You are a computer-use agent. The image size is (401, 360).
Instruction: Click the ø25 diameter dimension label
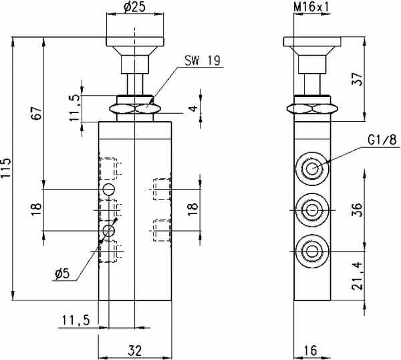click(134, 7)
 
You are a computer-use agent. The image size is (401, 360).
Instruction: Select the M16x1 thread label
click(311, 7)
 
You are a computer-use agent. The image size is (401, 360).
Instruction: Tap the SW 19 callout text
click(202, 61)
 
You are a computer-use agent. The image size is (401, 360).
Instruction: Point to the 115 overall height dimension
click(5, 168)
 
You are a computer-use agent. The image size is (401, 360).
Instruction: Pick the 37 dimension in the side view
click(358, 79)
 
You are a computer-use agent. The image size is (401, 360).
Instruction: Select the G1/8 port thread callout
click(382, 140)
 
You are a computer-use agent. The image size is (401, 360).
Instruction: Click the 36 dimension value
click(358, 210)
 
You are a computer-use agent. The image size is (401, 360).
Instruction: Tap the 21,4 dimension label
click(358, 276)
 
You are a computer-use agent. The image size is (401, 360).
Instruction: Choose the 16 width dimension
click(311, 350)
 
